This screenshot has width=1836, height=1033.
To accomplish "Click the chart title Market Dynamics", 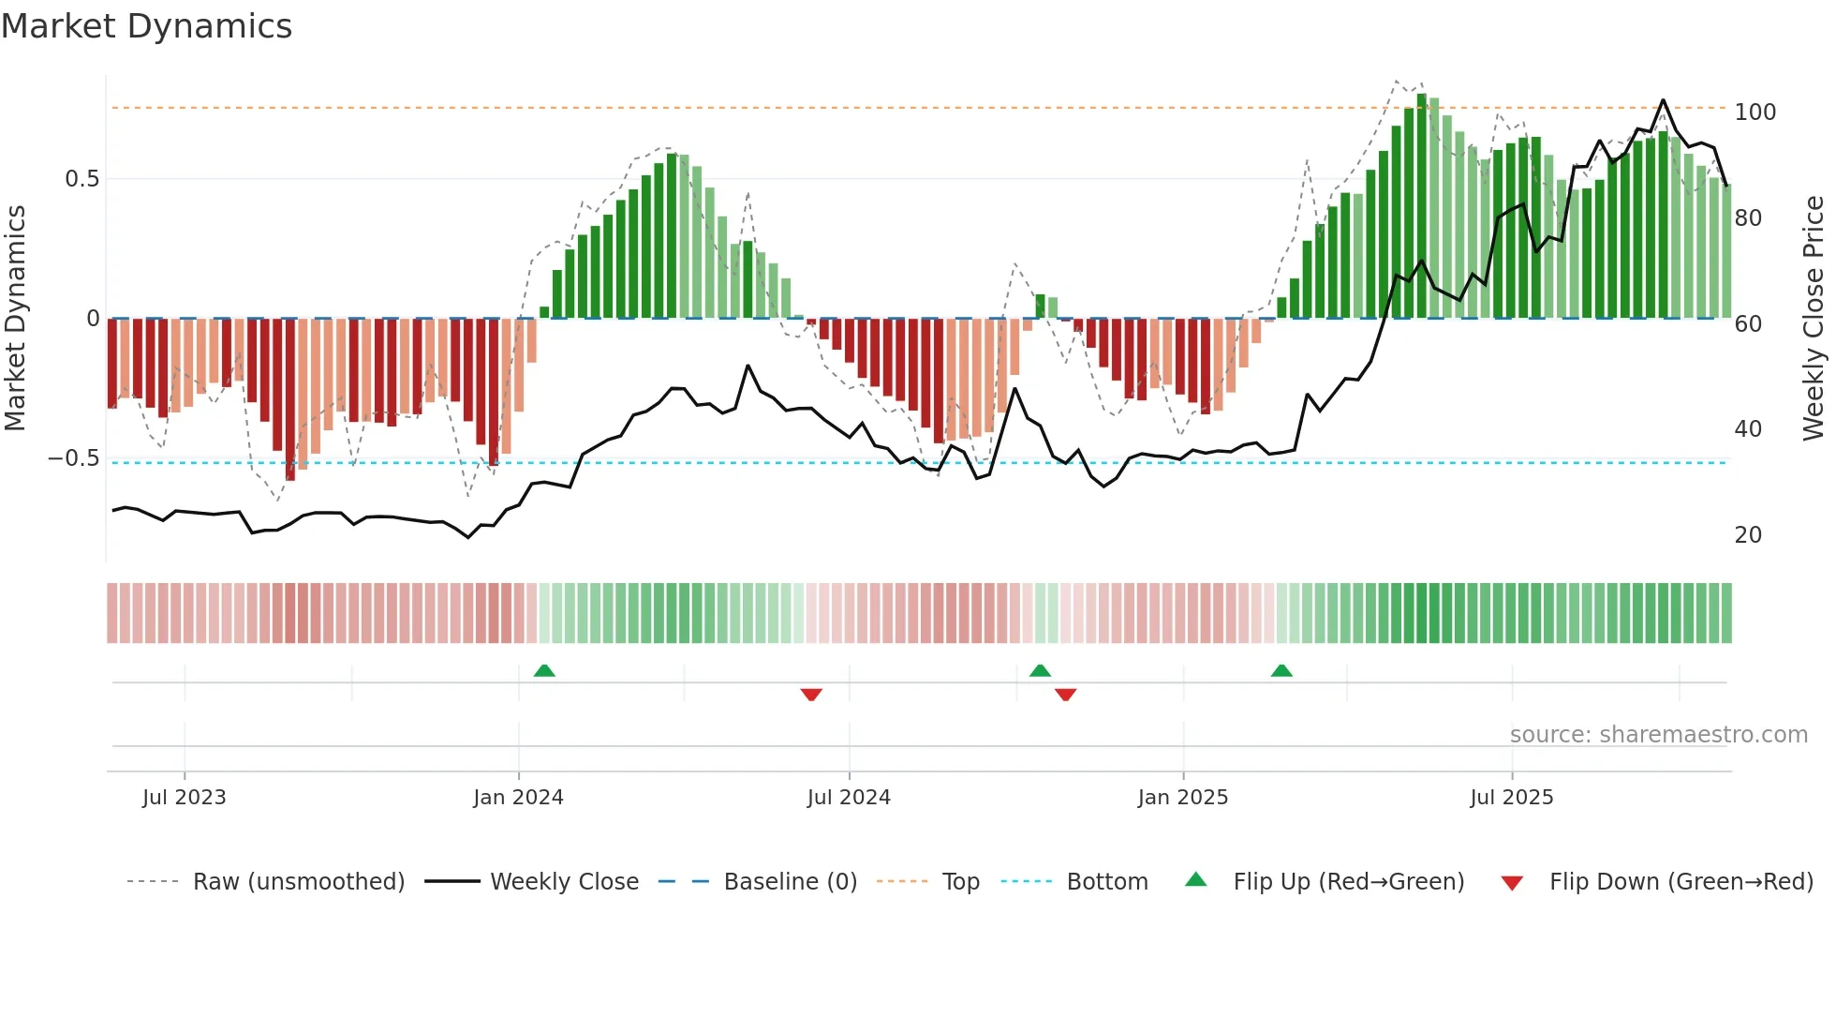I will (x=146, y=26).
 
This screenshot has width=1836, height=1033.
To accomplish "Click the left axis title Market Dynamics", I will (x=15, y=318).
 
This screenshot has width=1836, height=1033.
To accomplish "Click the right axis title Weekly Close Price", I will (x=1814, y=318).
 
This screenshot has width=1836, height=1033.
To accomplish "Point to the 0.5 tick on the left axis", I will (x=81, y=179).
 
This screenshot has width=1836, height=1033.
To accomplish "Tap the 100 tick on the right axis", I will (x=1755, y=112).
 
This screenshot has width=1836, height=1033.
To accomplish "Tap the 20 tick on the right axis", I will (x=1748, y=535).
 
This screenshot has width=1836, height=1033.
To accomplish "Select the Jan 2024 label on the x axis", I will (x=518, y=798).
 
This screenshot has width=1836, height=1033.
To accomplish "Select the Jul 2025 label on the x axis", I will (x=1511, y=798).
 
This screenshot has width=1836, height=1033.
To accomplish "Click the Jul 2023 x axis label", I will (x=185, y=798).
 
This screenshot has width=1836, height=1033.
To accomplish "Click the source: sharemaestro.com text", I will (x=1658, y=735).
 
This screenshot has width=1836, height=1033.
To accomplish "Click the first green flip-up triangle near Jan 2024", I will (x=544, y=670).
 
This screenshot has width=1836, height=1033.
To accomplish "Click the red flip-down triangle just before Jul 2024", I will (x=811, y=695).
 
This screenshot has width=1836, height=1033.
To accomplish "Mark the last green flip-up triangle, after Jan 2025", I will (x=1281, y=670).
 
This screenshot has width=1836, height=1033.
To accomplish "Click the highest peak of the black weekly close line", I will (x=1663, y=100).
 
